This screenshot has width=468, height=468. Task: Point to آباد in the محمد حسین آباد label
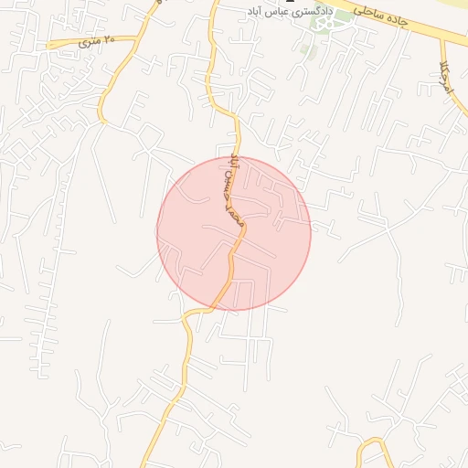point(233,165)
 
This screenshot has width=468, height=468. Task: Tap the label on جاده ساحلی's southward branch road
point(445,70)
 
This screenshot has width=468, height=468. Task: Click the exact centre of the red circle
point(234,233)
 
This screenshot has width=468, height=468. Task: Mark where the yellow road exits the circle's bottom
point(218,308)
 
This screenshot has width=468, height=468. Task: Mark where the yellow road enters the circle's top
point(240,157)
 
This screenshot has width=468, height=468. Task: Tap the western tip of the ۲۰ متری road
point(48,43)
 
